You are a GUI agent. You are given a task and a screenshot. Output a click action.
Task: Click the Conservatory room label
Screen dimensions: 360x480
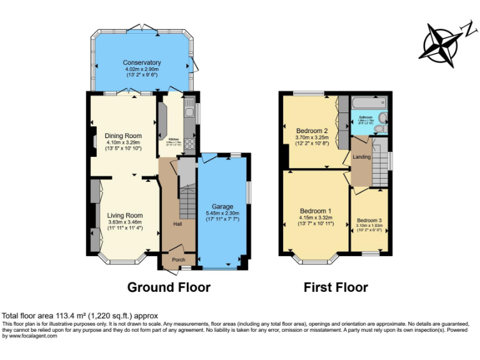[142, 62]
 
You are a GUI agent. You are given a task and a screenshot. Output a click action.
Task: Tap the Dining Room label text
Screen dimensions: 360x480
[122, 136]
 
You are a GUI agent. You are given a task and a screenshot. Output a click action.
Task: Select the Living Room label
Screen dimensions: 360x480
[124, 216]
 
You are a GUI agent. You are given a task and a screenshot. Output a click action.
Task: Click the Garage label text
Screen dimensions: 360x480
[222, 206]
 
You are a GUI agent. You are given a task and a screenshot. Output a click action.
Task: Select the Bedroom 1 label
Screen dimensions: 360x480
[316, 211]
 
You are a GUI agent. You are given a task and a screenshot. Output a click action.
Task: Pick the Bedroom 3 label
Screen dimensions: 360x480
[369, 220]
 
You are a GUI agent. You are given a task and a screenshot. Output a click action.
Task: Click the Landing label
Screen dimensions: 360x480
[362, 157]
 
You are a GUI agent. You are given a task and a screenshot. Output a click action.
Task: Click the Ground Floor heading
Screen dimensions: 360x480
[169, 287]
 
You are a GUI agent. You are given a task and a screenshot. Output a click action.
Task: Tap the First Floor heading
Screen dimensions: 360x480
[336, 287]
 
